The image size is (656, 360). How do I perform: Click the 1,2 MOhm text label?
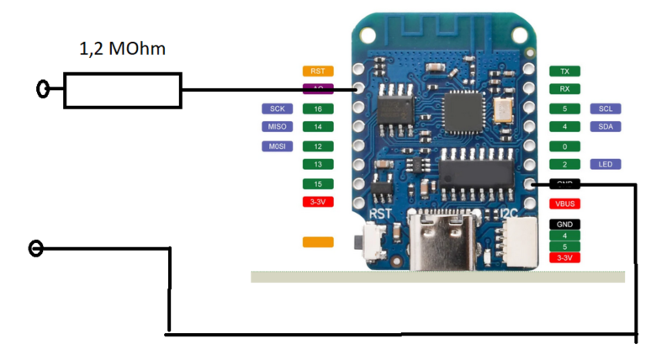tap(123, 50)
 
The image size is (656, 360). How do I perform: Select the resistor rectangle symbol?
tap(123, 90)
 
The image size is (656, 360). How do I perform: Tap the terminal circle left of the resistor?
tap(43, 88)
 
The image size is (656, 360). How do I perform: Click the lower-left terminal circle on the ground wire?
tap(35, 248)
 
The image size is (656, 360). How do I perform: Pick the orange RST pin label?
tap(317, 71)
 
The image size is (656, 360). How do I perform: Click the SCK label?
tap(276, 109)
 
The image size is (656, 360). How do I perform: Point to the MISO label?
tap(276, 127)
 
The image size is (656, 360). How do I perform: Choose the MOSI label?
tap(276, 146)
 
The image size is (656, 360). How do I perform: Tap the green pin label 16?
tap(317, 109)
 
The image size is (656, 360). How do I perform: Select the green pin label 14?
tap(317, 127)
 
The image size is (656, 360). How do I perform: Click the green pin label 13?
tap(317, 164)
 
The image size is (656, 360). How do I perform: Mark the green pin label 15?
tap(317, 183)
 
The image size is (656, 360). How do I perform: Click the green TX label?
tap(564, 71)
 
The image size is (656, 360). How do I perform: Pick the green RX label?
tap(564, 88)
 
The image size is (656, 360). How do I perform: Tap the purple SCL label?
tap(606, 109)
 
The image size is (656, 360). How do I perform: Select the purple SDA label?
tap(606, 127)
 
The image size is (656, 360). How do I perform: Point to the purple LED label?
tap(606, 164)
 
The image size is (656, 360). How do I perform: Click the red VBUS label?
tap(564, 204)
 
